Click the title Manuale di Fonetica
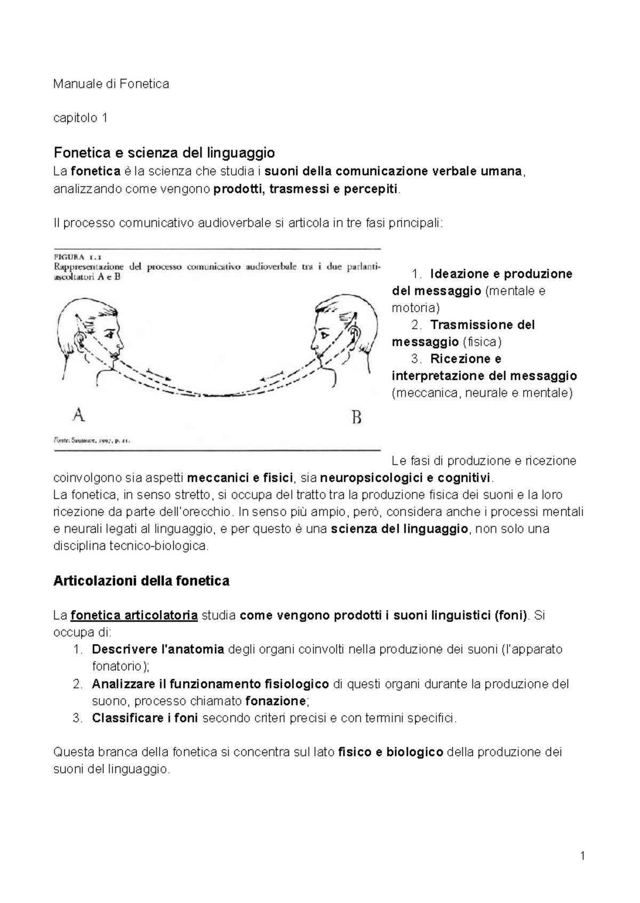click(111, 84)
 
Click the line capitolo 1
click(81, 118)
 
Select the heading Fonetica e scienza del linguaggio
click(164, 153)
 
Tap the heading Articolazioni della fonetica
click(141, 580)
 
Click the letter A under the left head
click(78, 414)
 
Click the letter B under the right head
click(357, 417)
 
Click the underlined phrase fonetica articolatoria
click(134, 616)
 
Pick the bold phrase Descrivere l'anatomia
click(158, 650)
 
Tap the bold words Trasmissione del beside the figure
click(482, 325)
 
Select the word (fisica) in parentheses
click(482, 342)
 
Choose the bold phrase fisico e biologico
click(391, 752)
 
